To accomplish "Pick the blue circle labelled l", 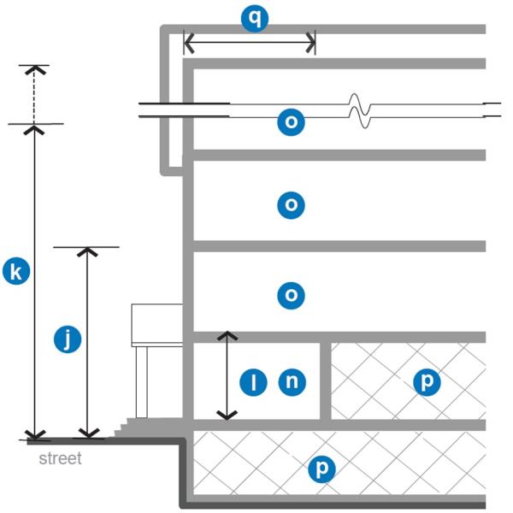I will [253, 382].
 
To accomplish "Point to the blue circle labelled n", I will [292, 382].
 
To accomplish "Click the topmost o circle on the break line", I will [292, 122].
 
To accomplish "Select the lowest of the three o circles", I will [292, 296].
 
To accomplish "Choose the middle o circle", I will [292, 205].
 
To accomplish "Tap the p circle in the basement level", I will [321, 468].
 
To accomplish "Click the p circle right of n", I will [426, 382].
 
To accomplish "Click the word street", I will [61, 459].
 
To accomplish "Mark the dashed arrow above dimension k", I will [34, 92].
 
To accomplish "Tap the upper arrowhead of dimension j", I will [85, 253].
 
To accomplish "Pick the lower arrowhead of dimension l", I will [226, 414].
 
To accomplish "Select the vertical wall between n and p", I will [326, 381].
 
